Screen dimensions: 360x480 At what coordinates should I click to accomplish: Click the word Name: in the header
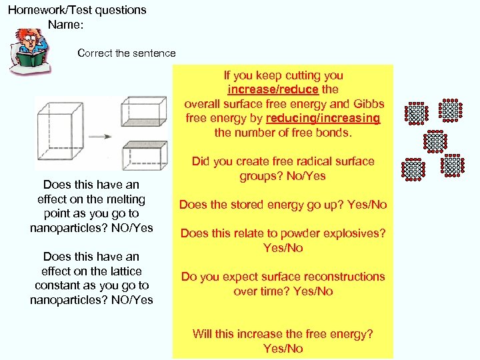[65, 25]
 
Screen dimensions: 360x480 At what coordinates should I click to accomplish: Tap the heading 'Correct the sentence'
[127, 53]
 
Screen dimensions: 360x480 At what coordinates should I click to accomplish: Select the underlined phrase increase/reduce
[273, 89]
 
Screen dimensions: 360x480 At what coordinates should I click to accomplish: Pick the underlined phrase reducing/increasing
[323, 118]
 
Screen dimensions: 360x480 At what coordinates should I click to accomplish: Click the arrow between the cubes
[99, 137]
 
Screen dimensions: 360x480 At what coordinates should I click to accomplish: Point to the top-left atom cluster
[415, 113]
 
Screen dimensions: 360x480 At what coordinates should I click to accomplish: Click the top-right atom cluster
[451, 111]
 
